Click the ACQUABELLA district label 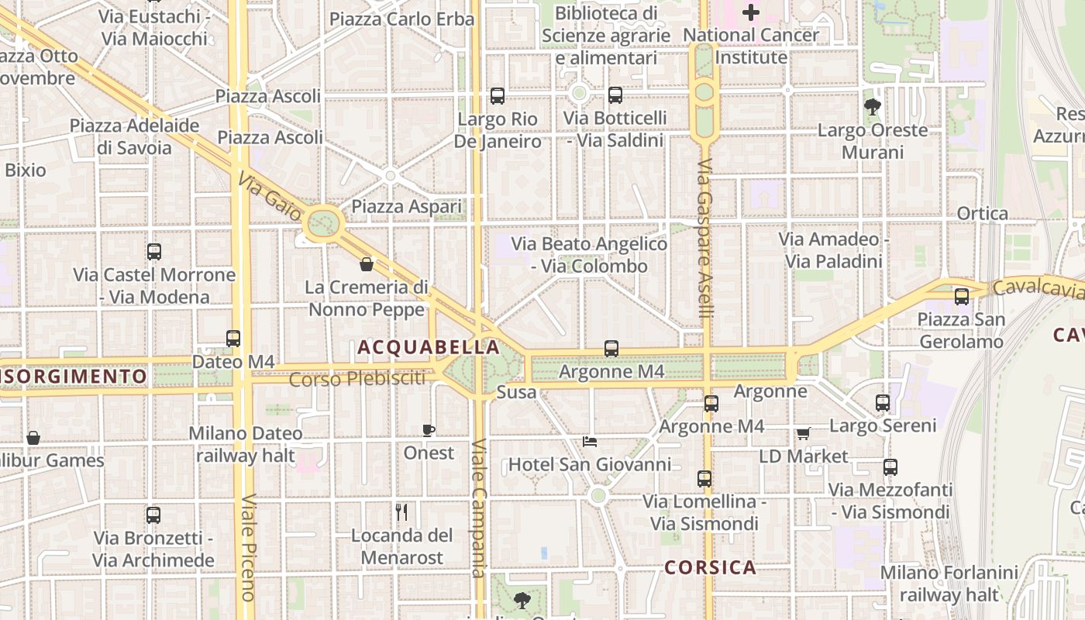(x=429, y=348)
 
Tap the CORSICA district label (x=710, y=567)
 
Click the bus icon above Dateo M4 (x=233, y=339)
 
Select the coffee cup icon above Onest (x=429, y=430)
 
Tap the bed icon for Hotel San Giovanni (x=590, y=443)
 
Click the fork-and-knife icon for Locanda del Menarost (x=401, y=512)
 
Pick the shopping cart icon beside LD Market (x=803, y=434)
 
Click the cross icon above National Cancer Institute (x=751, y=12)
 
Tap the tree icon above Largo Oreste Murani (x=873, y=107)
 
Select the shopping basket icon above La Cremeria (x=367, y=264)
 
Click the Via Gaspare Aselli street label (x=704, y=239)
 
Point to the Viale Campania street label (x=478, y=508)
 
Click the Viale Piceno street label (x=248, y=547)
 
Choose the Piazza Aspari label (x=406, y=206)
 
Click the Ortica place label (x=983, y=214)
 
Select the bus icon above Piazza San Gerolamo (x=962, y=296)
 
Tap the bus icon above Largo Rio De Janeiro (x=498, y=96)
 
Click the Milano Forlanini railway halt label (x=949, y=584)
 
